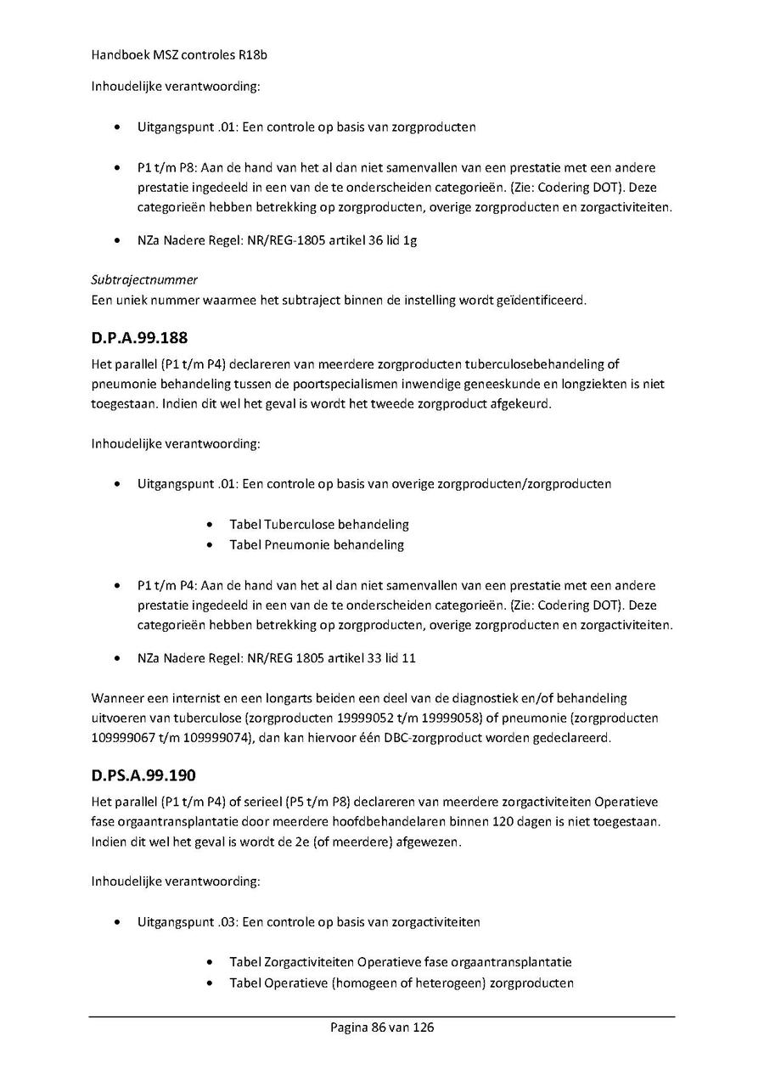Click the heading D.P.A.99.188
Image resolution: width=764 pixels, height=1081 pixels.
point(139,338)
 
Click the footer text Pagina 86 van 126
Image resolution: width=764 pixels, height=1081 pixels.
point(382,1028)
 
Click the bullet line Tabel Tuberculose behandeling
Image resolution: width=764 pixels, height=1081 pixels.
point(319,525)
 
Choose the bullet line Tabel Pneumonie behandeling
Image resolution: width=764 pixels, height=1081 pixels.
point(317,545)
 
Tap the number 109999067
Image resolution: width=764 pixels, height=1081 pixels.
point(120,739)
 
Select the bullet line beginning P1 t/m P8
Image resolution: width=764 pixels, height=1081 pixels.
point(396,168)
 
